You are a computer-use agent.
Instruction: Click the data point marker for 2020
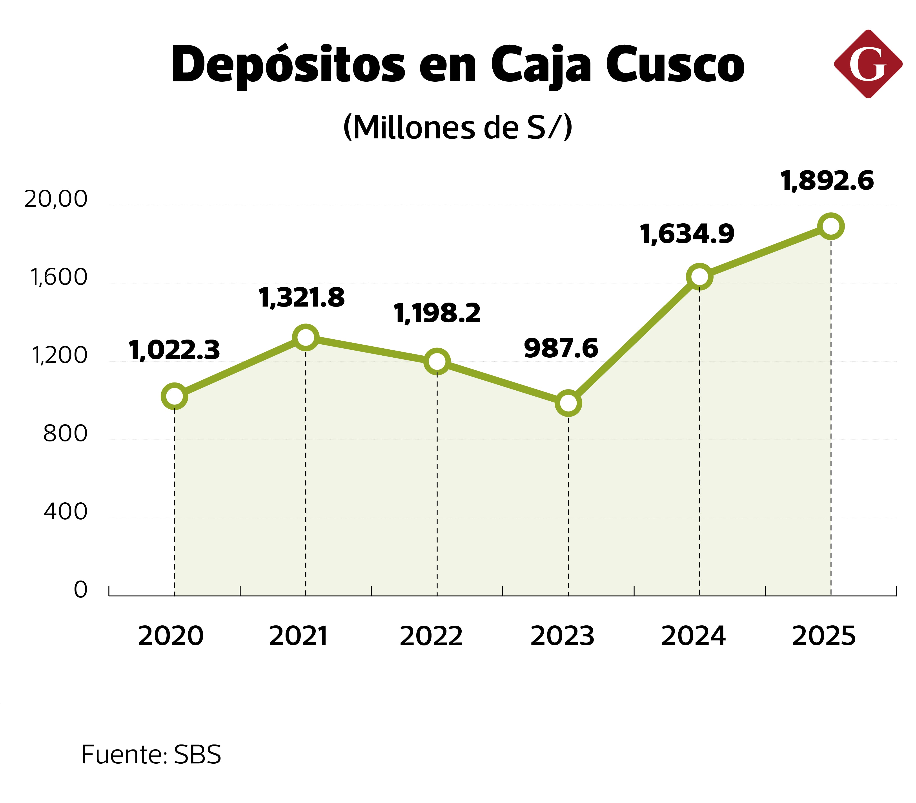point(174,396)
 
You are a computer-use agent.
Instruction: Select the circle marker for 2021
point(305,337)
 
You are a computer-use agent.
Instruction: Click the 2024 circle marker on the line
point(699,276)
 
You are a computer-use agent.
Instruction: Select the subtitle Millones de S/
point(457,128)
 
